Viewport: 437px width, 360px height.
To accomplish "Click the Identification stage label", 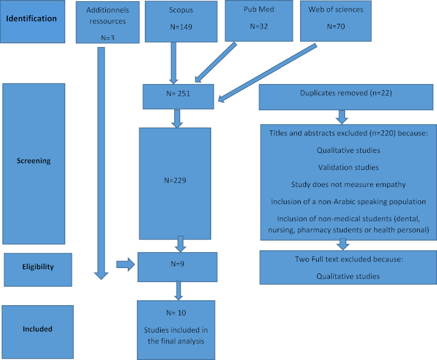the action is [x=31, y=19].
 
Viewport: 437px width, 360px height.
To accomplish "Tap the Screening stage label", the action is [x=33, y=161].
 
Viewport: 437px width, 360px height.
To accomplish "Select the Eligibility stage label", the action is [x=38, y=267].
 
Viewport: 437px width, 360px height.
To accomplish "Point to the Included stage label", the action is [x=38, y=329].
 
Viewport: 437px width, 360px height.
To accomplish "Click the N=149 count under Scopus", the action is [x=181, y=27].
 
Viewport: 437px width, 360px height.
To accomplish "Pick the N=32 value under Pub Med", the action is [x=259, y=26].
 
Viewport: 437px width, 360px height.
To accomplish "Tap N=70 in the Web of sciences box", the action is [x=336, y=26].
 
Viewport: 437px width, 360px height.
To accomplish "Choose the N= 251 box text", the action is [x=178, y=94].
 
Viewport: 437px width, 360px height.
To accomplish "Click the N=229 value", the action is [x=175, y=181].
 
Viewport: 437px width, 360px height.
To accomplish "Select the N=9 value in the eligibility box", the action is [x=178, y=264].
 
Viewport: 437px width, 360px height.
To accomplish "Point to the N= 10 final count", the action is [x=176, y=313].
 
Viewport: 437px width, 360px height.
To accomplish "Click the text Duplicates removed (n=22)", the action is [x=346, y=93].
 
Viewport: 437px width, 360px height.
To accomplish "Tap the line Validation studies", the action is [x=348, y=168].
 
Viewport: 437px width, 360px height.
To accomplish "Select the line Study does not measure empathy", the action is [x=348, y=185].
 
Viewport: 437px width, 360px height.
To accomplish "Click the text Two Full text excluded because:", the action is [x=349, y=259].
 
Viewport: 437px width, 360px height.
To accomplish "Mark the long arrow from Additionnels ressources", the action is [x=101, y=163].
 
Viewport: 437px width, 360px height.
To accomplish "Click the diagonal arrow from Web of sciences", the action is [x=268, y=72].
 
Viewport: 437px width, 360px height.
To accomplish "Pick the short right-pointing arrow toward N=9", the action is [x=125, y=264].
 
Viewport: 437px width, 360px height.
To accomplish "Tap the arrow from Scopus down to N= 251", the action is [x=173, y=63].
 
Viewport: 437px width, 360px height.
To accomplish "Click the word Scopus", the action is [x=181, y=10].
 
